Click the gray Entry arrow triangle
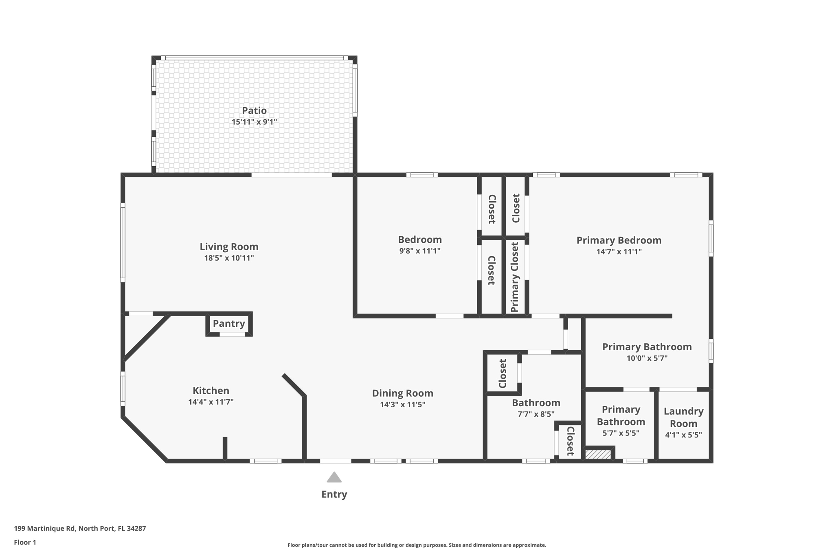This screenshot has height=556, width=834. pos(334,478)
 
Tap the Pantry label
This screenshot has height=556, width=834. pos(229,324)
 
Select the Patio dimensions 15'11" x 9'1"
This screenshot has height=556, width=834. pos(254,122)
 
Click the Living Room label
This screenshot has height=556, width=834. pos(229,247)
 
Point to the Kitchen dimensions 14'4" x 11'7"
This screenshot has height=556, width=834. pos(211,402)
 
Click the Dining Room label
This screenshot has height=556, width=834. pos(402,393)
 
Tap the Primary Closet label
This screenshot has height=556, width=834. pos(515,277)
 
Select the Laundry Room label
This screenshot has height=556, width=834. pos(683,417)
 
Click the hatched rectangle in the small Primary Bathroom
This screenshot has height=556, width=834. pos(598,455)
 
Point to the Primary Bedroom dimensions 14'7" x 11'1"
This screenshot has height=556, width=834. pos(619,252)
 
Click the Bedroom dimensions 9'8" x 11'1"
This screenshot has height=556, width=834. pos(419,251)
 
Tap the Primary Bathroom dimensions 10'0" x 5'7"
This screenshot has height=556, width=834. pos(647,358)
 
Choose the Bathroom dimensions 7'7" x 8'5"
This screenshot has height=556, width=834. pos(536,414)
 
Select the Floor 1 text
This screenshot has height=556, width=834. pos(25,543)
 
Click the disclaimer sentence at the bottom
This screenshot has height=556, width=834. pos(417,545)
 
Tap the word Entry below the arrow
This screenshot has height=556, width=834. pos(334,494)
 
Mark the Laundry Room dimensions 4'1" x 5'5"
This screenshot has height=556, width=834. pos(683,435)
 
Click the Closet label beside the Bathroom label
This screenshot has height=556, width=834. pos(503,374)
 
